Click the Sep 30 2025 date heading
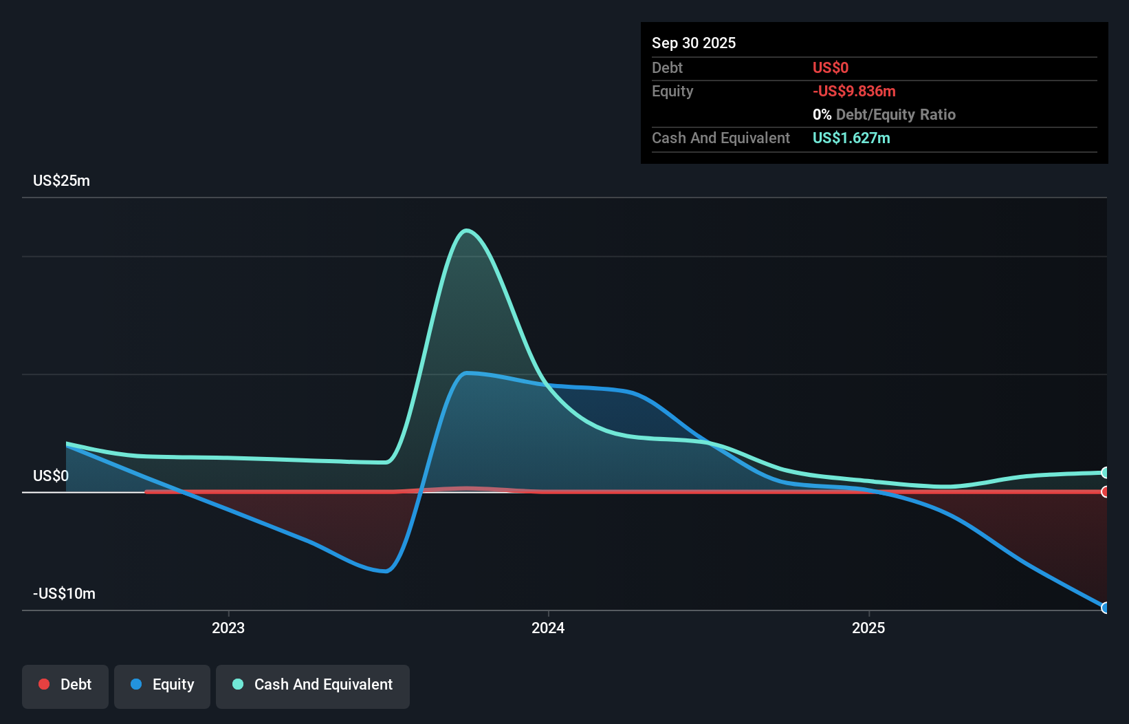pos(693,43)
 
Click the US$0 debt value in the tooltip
pos(830,67)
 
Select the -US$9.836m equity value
pos(853,91)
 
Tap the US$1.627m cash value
pos(851,138)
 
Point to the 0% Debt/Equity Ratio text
pos(884,114)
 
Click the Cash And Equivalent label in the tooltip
pos(721,138)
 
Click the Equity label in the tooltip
pos(672,91)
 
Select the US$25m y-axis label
pos(61,180)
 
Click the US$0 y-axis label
pos(51,476)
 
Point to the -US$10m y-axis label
pos(64,593)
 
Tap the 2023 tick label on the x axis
pos(228,628)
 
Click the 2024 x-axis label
pos(548,628)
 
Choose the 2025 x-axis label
pos(868,628)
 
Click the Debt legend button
pos(65,685)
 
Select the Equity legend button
pos(162,685)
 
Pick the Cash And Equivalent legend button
pos(313,685)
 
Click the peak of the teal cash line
pos(467,231)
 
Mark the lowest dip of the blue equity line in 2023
pos(386,571)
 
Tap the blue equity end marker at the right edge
pos(1105,608)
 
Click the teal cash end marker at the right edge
pos(1105,472)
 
